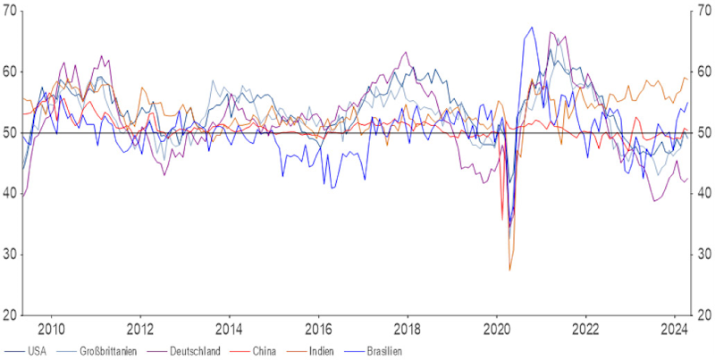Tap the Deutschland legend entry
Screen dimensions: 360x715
pos(194,352)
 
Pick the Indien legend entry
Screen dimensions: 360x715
pos(322,352)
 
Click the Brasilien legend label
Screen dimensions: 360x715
pos(382,352)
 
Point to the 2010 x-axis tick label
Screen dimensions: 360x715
pos(51,327)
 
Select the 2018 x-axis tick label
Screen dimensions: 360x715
pos(408,327)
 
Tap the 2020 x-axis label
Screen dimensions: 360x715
pos(497,327)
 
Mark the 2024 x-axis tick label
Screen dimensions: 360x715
pos(675,327)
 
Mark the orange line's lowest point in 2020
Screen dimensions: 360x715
pos(509,270)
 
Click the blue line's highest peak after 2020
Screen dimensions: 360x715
pos(533,27)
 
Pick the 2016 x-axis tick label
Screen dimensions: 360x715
pos(319,327)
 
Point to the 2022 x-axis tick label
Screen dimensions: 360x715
pos(585,327)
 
